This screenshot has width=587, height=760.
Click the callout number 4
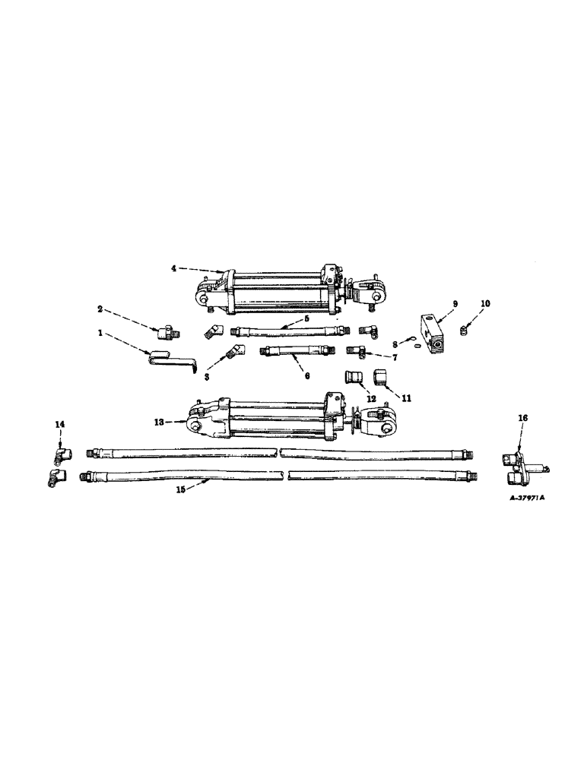(x=173, y=268)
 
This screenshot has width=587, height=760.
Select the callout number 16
(x=522, y=418)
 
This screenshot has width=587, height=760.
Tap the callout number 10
(x=486, y=303)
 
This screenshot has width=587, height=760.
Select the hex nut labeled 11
(x=380, y=378)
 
